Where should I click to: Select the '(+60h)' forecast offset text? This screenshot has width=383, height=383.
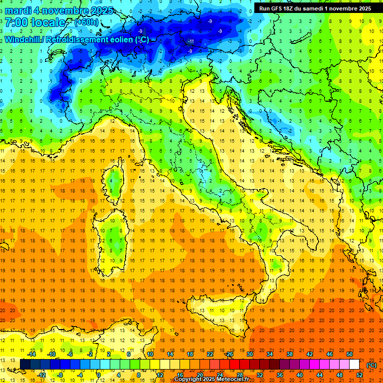tap(86, 23)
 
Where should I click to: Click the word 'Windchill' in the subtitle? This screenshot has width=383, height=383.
tap(23, 40)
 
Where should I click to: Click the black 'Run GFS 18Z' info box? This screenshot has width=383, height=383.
tap(315, 8)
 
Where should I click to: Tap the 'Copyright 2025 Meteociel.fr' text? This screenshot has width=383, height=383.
tap(215, 380)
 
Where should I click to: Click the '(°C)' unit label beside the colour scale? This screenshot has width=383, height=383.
tap(371, 365)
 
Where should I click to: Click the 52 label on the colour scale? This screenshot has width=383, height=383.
tap(360, 375)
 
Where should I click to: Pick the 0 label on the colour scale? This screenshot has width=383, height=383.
tap(99, 375)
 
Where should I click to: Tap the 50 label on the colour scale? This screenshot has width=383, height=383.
tap(350, 354)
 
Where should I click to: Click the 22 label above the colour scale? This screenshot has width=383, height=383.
tap(210, 354)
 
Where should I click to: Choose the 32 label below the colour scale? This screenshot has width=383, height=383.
tap(260, 375)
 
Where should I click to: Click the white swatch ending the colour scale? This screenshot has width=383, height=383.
tap(354, 364)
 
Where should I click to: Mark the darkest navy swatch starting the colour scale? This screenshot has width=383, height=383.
tap(25, 364)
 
